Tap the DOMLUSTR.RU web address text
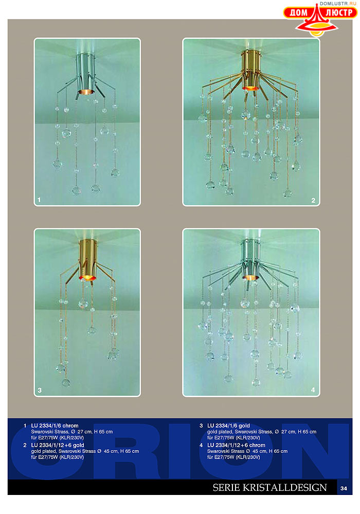pyautogui.click(x=338, y=4)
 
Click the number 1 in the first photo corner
pyautogui.click(x=39, y=200)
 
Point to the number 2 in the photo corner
pyautogui.click(x=313, y=200)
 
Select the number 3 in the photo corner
pyautogui.click(x=40, y=390)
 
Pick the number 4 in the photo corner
pyautogui.click(x=313, y=390)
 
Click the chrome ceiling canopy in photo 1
pyautogui.click(x=86, y=74)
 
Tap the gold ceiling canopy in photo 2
pyautogui.click(x=250, y=69)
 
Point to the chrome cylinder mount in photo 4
pyautogui.click(x=251, y=259)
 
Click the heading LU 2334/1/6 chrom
pyautogui.click(x=55, y=426)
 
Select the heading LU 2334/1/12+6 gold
pyautogui.click(x=58, y=445)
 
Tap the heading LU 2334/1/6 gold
pyautogui.click(x=229, y=426)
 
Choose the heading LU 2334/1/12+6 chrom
pyautogui.click(x=236, y=445)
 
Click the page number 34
pyautogui.click(x=344, y=488)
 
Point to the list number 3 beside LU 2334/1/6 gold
pyautogui.click(x=201, y=426)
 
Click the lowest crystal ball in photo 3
pyautogui.click(x=66, y=382)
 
